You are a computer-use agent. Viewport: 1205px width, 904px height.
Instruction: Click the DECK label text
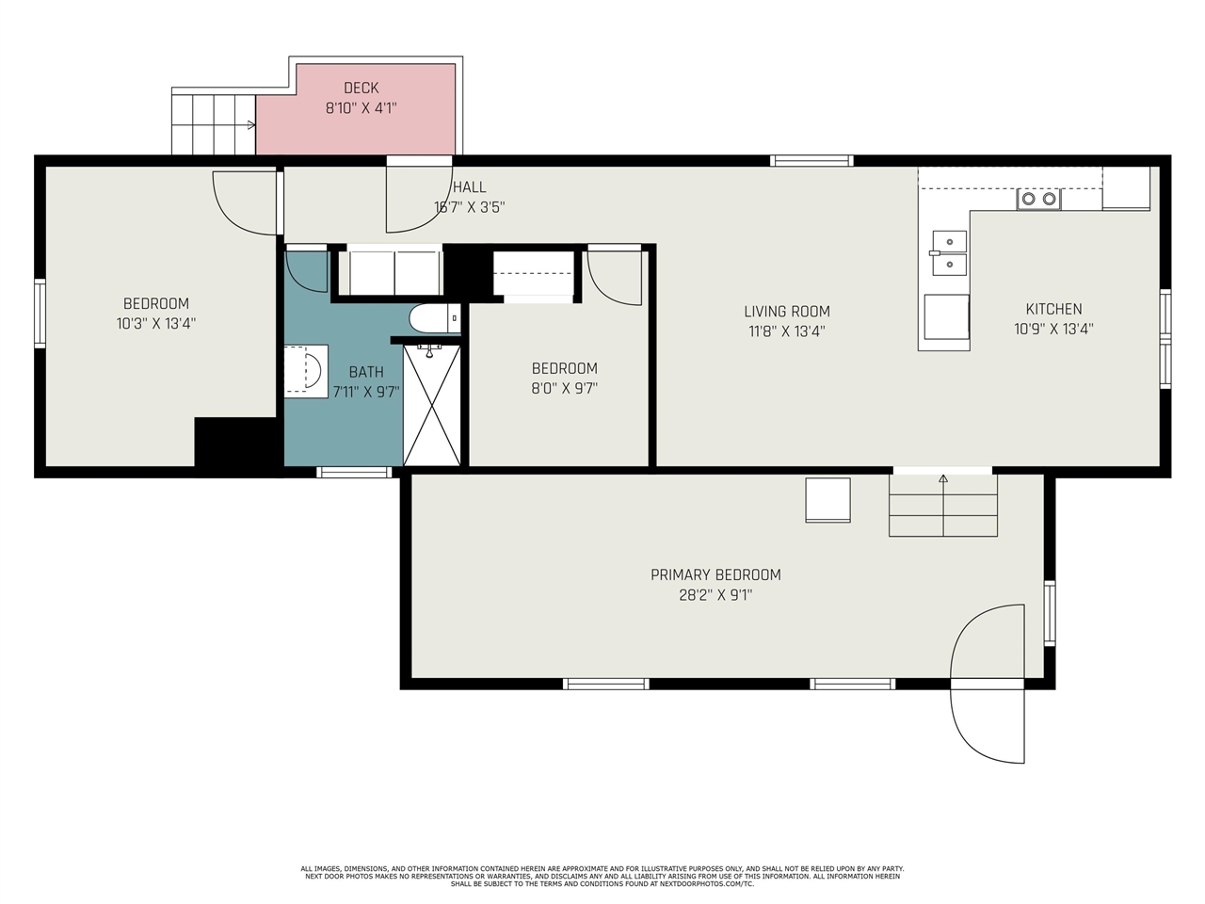point(361,88)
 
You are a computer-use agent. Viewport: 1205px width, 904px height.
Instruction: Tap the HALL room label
point(470,187)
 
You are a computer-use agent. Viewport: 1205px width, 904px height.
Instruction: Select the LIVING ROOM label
point(787,311)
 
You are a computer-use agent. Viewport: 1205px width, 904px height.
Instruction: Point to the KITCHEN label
point(1053,309)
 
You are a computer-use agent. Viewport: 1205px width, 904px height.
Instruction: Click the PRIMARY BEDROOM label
point(715,574)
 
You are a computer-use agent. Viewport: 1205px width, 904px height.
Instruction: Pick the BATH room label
point(366,372)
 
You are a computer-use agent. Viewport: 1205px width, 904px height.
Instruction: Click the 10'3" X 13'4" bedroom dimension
point(156,323)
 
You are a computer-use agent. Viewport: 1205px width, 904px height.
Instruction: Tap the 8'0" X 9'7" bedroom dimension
point(564,388)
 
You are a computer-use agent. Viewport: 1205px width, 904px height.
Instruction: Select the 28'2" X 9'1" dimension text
point(715,595)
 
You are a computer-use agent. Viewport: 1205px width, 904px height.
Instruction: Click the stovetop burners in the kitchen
point(1038,199)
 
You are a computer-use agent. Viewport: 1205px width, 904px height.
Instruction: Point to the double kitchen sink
point(949,253)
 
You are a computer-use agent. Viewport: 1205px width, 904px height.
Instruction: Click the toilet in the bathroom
point(435,318)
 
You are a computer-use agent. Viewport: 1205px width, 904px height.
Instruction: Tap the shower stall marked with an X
point(431,405)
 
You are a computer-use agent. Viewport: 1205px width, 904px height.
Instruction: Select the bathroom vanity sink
point(306,372)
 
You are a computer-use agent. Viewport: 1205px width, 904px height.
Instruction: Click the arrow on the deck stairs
point(251,125)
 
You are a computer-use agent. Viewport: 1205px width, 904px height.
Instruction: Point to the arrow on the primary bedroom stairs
point(943,478)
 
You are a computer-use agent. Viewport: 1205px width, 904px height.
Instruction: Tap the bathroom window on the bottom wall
point(354,472)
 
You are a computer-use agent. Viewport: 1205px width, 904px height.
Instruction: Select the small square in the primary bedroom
point(827,500)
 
